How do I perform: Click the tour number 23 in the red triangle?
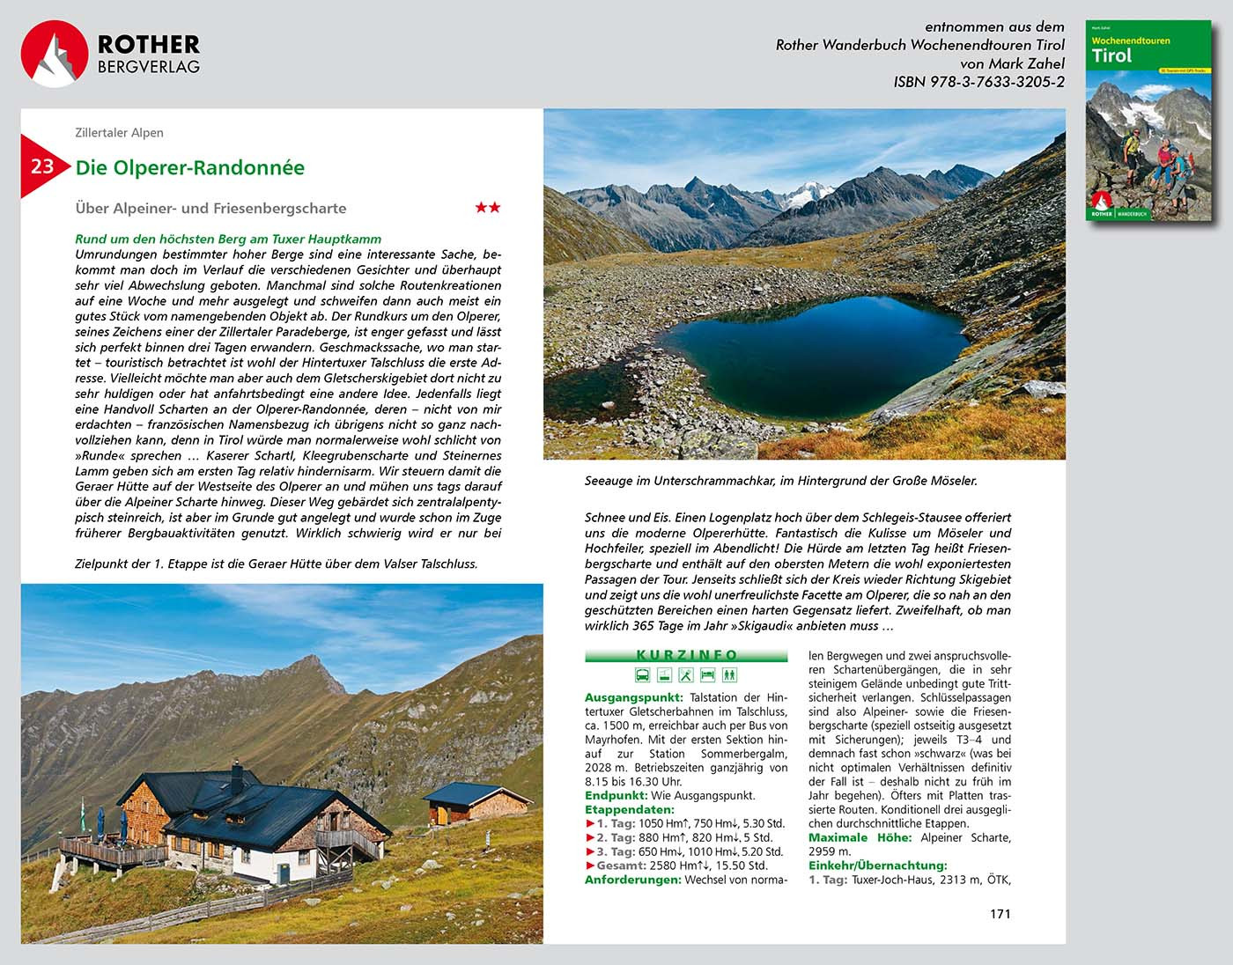pyautogui.click(x=41, y=166)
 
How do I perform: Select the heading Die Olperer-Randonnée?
pyautogui.click(x=189, y=168)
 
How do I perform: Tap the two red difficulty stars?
pyautogui.click(x=487, y=208)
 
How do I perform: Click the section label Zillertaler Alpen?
pyautogui.click(x=119, y=133)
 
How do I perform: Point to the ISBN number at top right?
pyautogui.click(x=978, y=82)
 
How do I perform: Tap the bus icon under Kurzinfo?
pyautogui.click(x=643, y=675)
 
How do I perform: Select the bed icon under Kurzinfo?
pyautogui.click(x=707, y=675)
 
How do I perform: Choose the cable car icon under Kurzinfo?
pyautogui.click(x=664, y=675)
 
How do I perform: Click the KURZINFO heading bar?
pyautogui.click(x=686, y=655)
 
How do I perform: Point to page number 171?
pyautogui.click(x=1000, y=914)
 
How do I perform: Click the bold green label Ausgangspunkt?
pyautogui.click(x=633, y=697)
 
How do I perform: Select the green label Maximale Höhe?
pyautogui.click(x=860, y=837)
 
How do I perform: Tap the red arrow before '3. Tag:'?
pyautogui.click(x=590, y=851)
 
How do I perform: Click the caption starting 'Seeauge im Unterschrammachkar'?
pyautogui.click(x=780, y=481)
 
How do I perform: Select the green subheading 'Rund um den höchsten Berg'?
pyautogui.click(x=228, y=239)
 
